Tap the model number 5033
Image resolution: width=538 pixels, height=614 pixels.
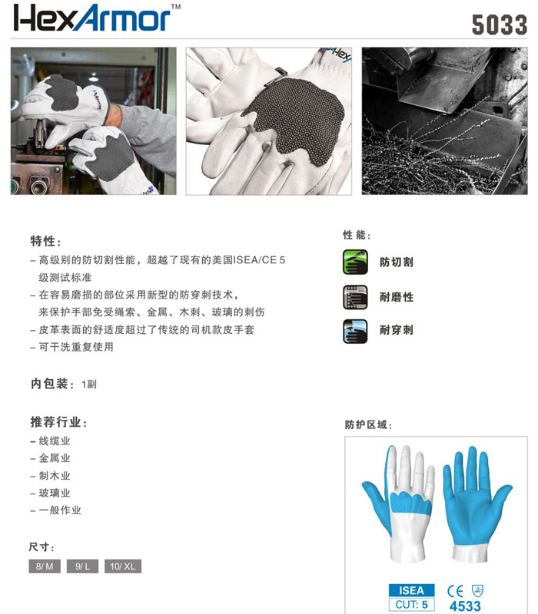499,24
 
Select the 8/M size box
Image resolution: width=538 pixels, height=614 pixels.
44,566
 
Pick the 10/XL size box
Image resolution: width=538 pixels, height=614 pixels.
123,566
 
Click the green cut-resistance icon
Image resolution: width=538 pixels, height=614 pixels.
355,261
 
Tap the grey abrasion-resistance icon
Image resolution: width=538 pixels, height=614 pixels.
355,295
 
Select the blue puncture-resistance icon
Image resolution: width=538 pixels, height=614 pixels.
355,330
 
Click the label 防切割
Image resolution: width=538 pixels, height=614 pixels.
397,262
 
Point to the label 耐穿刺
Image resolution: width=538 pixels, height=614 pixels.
397,330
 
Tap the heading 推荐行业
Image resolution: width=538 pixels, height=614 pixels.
58,422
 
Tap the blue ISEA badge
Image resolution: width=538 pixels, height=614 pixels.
412,590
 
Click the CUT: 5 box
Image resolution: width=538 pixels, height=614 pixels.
412,604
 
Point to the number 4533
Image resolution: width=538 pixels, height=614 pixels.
464,606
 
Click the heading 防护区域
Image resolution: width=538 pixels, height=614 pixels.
370,424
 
